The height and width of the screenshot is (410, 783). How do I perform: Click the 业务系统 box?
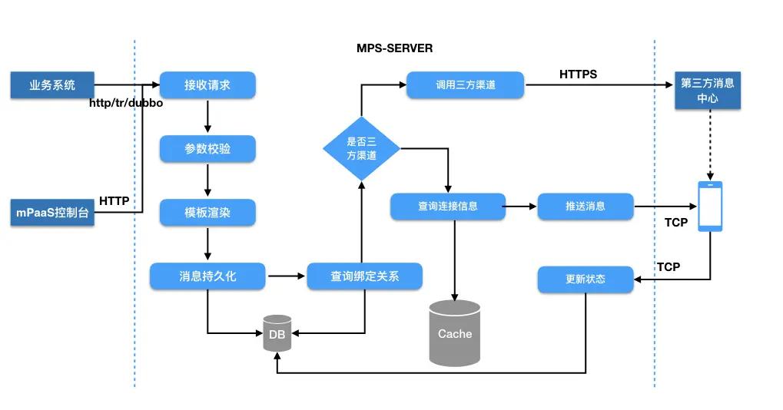(x=52, y=84)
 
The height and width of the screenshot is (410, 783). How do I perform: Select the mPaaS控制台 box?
(x=52, y=213)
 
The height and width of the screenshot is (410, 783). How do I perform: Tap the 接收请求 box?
(x=207, y=84)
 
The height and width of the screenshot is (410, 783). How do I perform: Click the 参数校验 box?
(x=207, y=149)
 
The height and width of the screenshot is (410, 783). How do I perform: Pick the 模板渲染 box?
(x=207, y=213)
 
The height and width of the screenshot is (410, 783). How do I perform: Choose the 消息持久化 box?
(x=207, y=276)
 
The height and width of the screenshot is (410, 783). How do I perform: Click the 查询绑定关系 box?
(x=364, y=276)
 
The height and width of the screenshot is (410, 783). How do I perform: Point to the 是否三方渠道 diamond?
(x=362, y=149)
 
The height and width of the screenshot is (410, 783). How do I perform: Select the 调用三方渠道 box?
(x=466, y=84)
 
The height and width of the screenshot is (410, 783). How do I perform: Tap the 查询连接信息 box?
(x=448, y=207)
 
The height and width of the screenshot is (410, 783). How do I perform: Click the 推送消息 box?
(x=586, y=207)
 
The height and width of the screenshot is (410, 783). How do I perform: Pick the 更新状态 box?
(x=586, y=279)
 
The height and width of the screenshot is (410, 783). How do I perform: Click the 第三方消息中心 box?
(x=708, y=91)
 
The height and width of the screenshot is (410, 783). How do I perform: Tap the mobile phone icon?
(x=710, y=207)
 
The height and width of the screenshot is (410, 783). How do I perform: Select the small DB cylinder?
(x=277, y=333)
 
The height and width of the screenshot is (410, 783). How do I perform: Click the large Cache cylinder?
(x=454, y=333)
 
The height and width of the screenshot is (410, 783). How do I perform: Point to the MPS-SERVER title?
(x=394, y=48)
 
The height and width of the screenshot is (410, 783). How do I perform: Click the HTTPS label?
(x=579, y=74)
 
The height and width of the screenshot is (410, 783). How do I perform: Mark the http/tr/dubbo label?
(x=126, y=103)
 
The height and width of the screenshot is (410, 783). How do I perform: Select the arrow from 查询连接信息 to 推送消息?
(x=519, y=207)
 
